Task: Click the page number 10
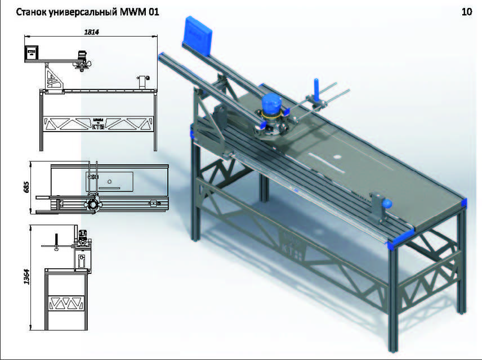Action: pyautogui.click(x=466, y=12)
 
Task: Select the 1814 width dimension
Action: pyautogui.click(x=91, y=32)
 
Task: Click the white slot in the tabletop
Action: pyautogui.click(x=327, y=164)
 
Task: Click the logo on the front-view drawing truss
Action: pyautogui.click(x=98, y=123)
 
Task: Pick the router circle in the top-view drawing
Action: pyautogui.click(x=91, y=202)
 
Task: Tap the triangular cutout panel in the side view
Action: pyautogui.click(x=66, y=303)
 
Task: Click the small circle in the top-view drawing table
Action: pyautogui.click(x=110, y=181)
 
